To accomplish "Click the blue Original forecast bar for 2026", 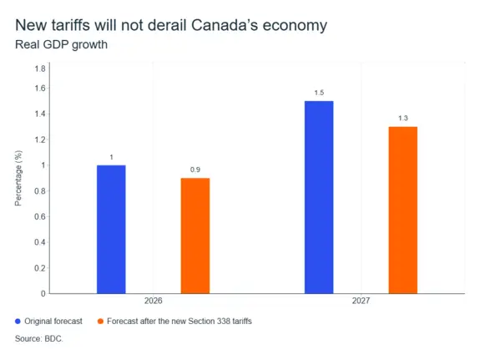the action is coord(111,230).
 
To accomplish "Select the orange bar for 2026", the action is coord(195,236).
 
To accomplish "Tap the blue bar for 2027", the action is coord(319,197).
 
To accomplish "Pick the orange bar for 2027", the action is coord(403,210).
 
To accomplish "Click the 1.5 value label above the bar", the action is coord(319,93).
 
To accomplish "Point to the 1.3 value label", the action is coord(403,119).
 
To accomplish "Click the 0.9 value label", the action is coord(195,170).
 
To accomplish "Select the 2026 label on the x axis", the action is coord(153,301).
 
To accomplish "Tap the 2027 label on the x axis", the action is coord(361,301).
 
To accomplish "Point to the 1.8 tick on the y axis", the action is coord(40,68).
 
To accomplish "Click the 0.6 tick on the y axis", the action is coord(40,216).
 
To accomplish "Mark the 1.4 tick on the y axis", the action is coord(40,114).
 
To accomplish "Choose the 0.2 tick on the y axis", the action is coord(40,268).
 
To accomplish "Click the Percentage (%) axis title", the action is coord(18,178).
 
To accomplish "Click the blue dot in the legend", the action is coord(18,321).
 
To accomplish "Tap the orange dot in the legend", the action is coord(100,321).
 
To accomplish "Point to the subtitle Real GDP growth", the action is coord(61,45).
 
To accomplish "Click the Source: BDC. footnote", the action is coord(39,338).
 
